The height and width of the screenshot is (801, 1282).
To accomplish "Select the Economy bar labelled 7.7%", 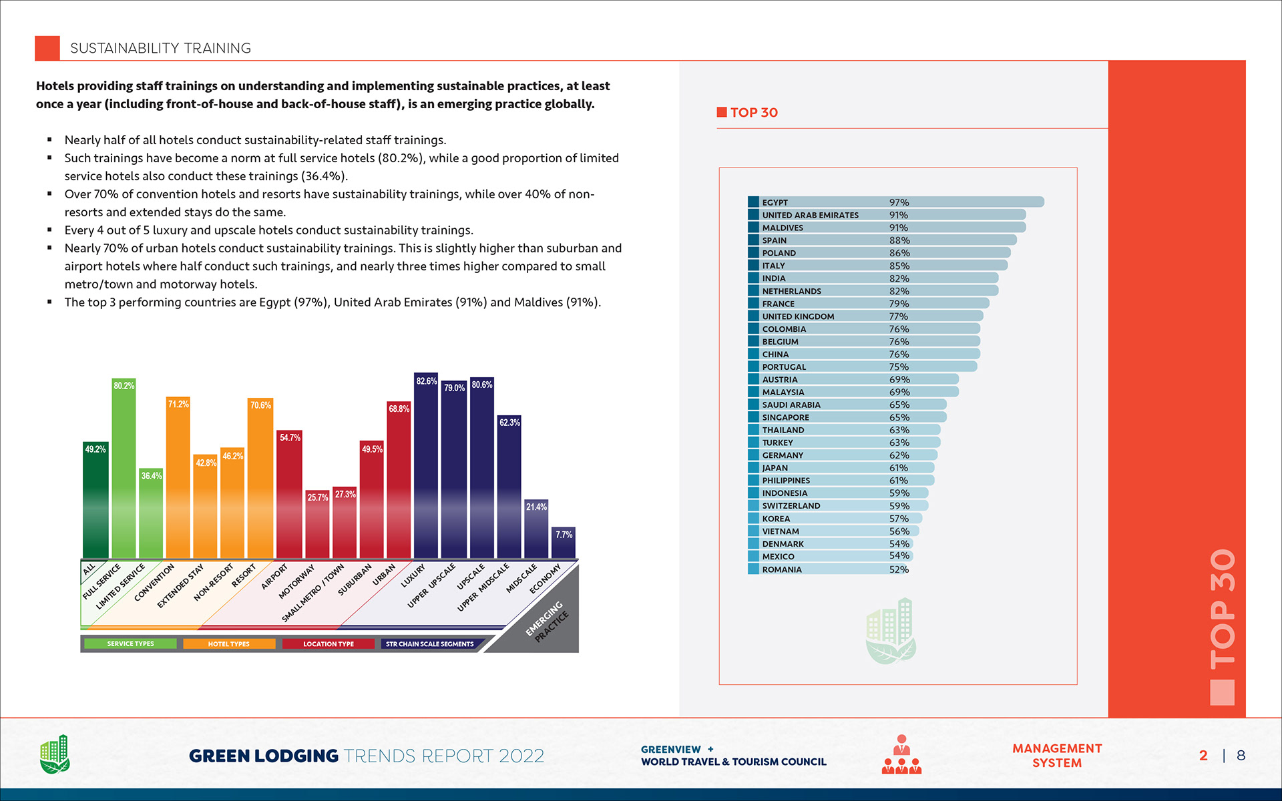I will [x=563, y=544].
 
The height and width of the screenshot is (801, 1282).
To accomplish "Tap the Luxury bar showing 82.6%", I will [x=426, y=467].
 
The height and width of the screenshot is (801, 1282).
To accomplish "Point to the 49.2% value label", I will [x=95, y=449].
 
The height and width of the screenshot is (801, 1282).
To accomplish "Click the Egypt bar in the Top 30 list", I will [x=895, y=202].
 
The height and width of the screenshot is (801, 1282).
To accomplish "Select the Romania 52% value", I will [x=899, y=569].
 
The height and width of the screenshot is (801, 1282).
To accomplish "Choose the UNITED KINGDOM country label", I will [x=798, y=316].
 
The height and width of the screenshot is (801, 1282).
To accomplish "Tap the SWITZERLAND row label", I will [x=791, y=506].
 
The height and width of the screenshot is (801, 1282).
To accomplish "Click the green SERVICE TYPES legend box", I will [x=131, y=644].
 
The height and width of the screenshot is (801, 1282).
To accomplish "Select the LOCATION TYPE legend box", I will [x=328, y=644].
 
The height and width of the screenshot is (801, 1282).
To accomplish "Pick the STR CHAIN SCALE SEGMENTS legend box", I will [x=429, y=644].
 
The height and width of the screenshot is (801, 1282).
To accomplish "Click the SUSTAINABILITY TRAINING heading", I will [x=160, y=48].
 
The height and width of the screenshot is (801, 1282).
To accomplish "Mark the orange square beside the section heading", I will [x=47, y=48].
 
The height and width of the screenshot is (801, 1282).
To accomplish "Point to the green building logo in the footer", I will [x=55, y=754].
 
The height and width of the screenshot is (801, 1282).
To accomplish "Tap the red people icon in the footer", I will [x=901, y=755].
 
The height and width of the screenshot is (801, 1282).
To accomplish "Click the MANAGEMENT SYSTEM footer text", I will [x=1057, y=756].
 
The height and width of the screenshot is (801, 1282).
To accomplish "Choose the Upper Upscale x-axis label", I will [x=431, y=585].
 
